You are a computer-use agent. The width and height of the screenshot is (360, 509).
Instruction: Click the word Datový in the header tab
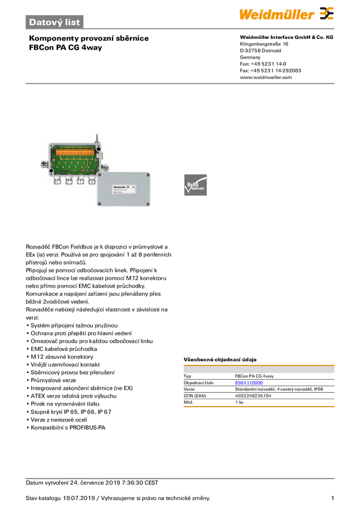point(45,22)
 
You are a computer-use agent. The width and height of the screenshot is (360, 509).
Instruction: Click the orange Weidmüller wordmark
point(277,14)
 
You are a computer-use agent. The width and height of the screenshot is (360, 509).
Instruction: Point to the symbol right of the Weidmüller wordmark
point(326,14)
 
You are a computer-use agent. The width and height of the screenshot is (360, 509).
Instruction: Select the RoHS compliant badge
point(195,186)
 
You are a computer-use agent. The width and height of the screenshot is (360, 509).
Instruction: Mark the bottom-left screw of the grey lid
point(99,205)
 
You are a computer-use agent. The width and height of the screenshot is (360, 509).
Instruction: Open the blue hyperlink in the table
point(248,381)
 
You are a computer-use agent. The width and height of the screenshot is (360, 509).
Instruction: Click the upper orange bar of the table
point(258,363)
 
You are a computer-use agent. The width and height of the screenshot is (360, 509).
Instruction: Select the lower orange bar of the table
point(258,407)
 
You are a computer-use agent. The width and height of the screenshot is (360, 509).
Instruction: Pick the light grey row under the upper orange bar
point(258,371)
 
